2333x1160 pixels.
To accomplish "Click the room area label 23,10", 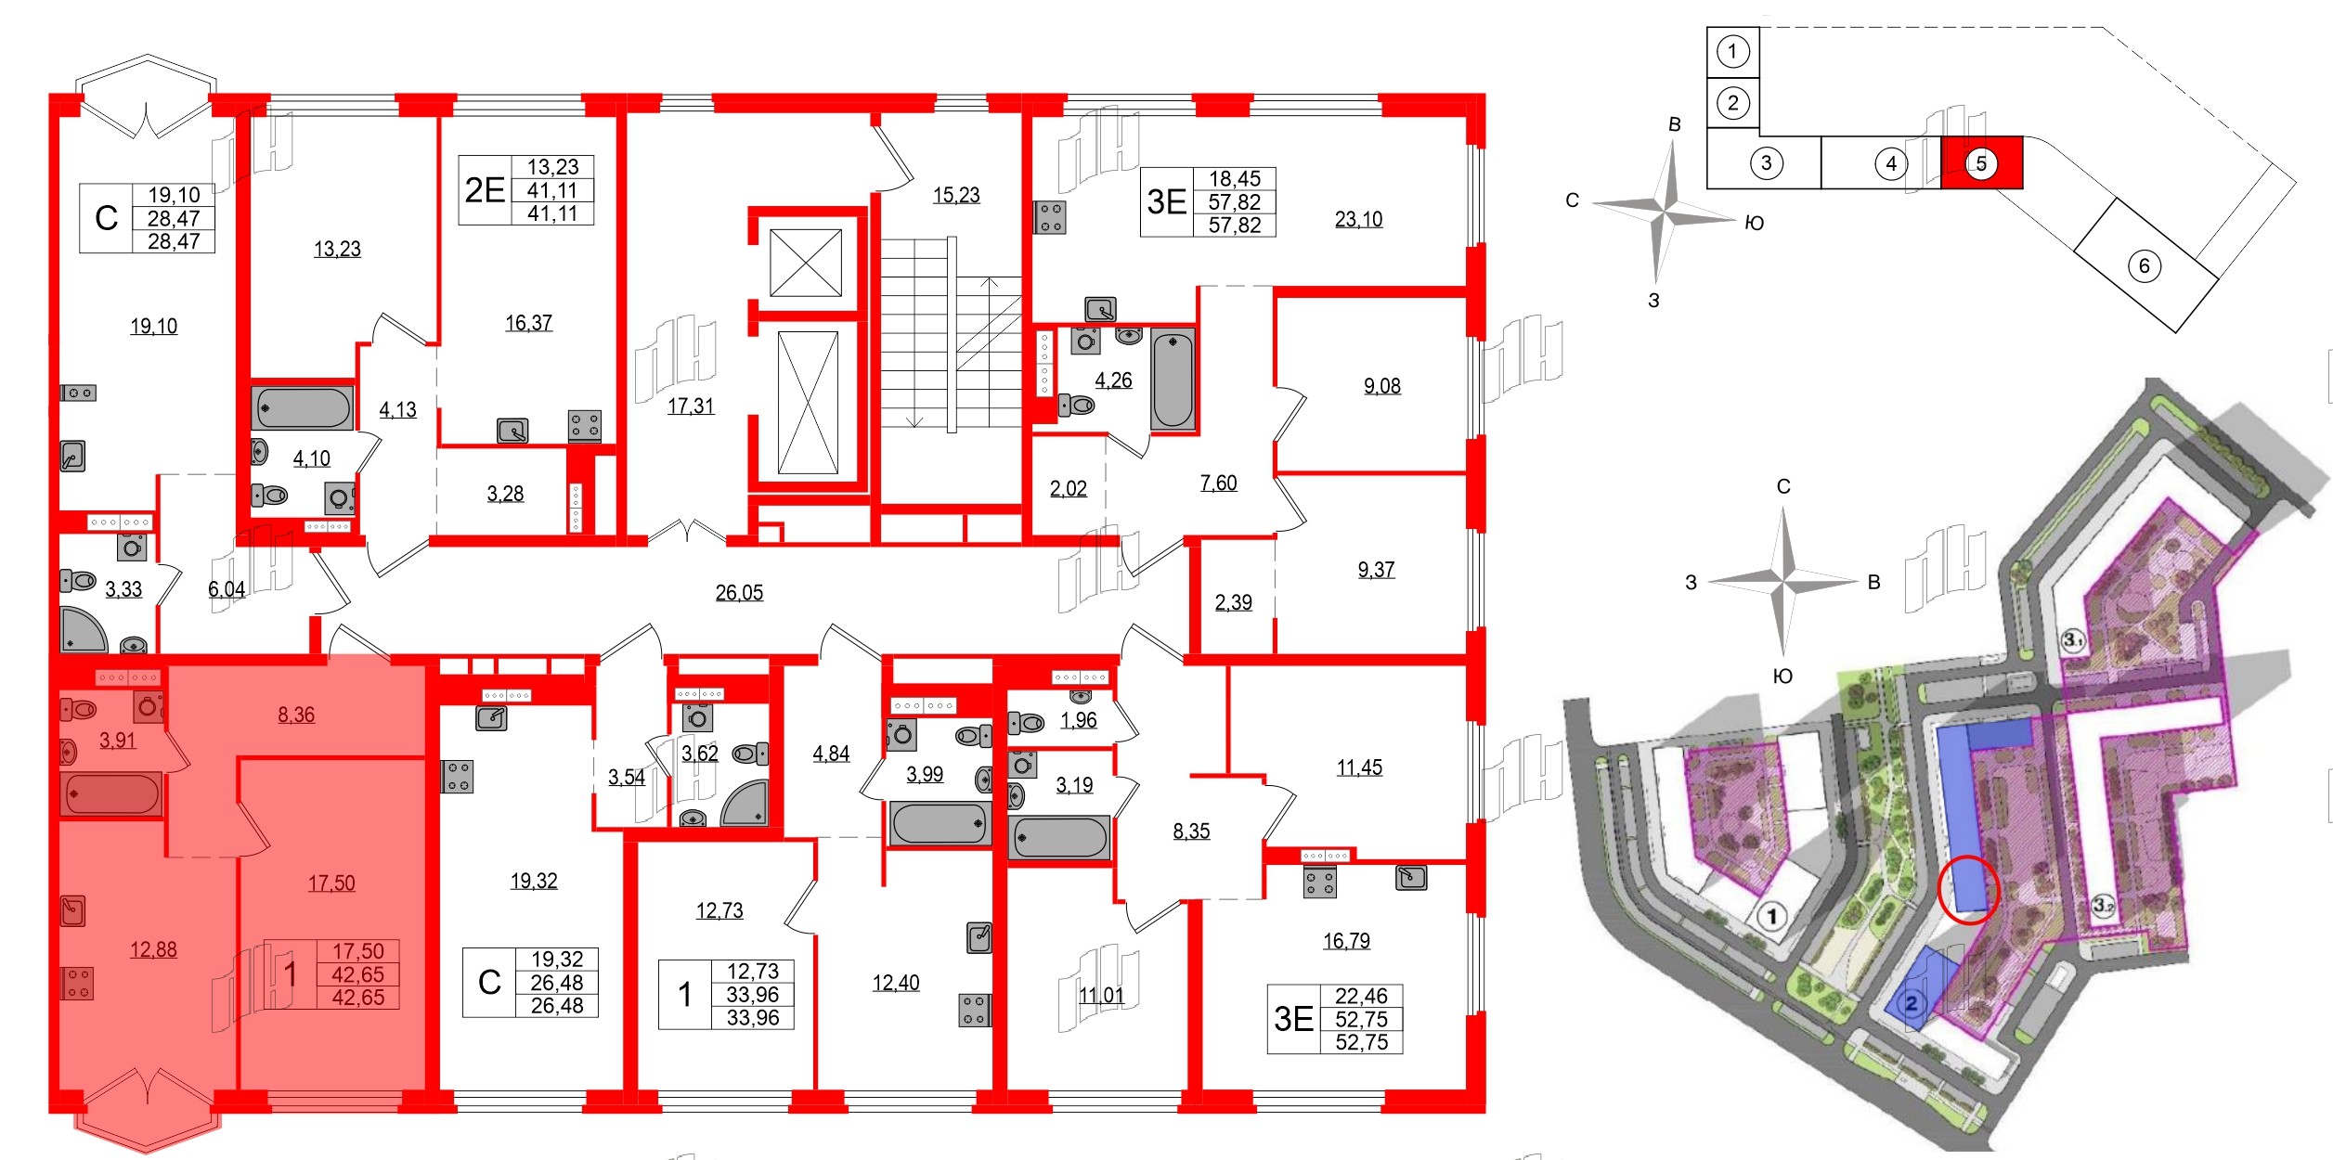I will point(1358,219).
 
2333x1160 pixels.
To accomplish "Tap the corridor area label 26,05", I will point(739,592).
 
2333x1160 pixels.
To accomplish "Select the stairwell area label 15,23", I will point(956,195).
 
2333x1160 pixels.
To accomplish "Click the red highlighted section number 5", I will point(1981,163).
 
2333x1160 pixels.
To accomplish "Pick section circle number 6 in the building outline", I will point(2144,266).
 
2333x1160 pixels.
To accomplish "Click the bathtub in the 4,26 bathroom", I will point(1173,380).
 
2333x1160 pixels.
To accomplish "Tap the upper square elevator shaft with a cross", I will point(806,263).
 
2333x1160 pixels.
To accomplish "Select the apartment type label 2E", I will point(485,190).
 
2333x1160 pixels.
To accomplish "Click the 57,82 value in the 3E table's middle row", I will point(1234,202).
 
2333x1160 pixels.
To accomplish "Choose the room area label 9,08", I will point(1381,386).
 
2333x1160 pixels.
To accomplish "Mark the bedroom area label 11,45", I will point(1359,767).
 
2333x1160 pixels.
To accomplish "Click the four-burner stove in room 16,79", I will point(1319,882).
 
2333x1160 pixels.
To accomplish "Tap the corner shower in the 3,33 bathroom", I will point(84,629).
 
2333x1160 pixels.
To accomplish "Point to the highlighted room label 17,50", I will point(331,883).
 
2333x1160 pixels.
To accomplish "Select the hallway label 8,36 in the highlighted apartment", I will point(296,715).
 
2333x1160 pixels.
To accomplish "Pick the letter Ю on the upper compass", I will point(1754,223).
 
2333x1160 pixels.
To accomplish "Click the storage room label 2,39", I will point(1233,602).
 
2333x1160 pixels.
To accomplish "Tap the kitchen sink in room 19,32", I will point(491,717).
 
